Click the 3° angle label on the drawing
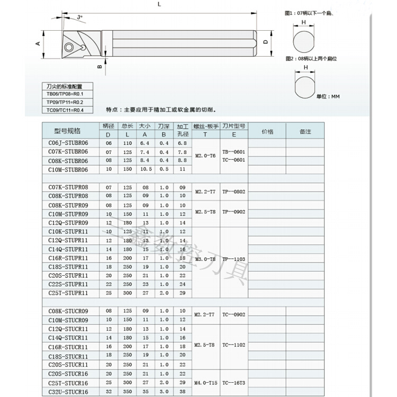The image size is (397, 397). [79, 17]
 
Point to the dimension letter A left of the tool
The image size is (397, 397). [38, 44]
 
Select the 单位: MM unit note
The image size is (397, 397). [328, 96]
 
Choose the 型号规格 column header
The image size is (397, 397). [68, 131]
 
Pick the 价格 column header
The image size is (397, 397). [267, 131]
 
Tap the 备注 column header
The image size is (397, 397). [305, 131]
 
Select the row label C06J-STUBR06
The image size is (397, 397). [68, 143]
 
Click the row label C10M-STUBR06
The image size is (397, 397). [68, 169]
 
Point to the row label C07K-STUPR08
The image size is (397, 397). [68, 187]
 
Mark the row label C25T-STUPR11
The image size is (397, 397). [68, 292]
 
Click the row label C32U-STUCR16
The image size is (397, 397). [68, 391]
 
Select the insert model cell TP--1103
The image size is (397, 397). [233, 259]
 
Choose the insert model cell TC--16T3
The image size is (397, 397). [233, 382]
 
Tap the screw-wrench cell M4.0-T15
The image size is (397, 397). [205, 382]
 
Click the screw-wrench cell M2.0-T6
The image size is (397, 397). [205, 156]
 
